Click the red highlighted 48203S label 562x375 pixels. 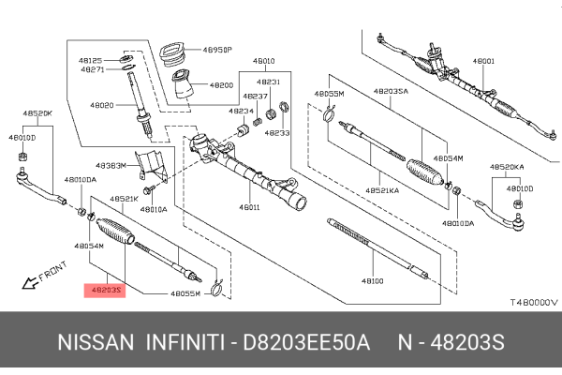[x=102, y=290]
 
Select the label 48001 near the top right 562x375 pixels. [x=483, y=61]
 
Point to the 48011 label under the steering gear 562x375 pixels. [x=250, y=206]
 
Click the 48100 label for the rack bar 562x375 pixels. [x=373, y=280]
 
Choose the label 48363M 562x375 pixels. [x=111, y=165]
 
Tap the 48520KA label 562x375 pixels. [x=507, y=167]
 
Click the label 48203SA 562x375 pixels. [x=389, y=92]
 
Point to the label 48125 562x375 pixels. [x=93, y=59]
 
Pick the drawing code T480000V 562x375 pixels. [x=533, y=303]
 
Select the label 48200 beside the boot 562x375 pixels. [x=222, y=85]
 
